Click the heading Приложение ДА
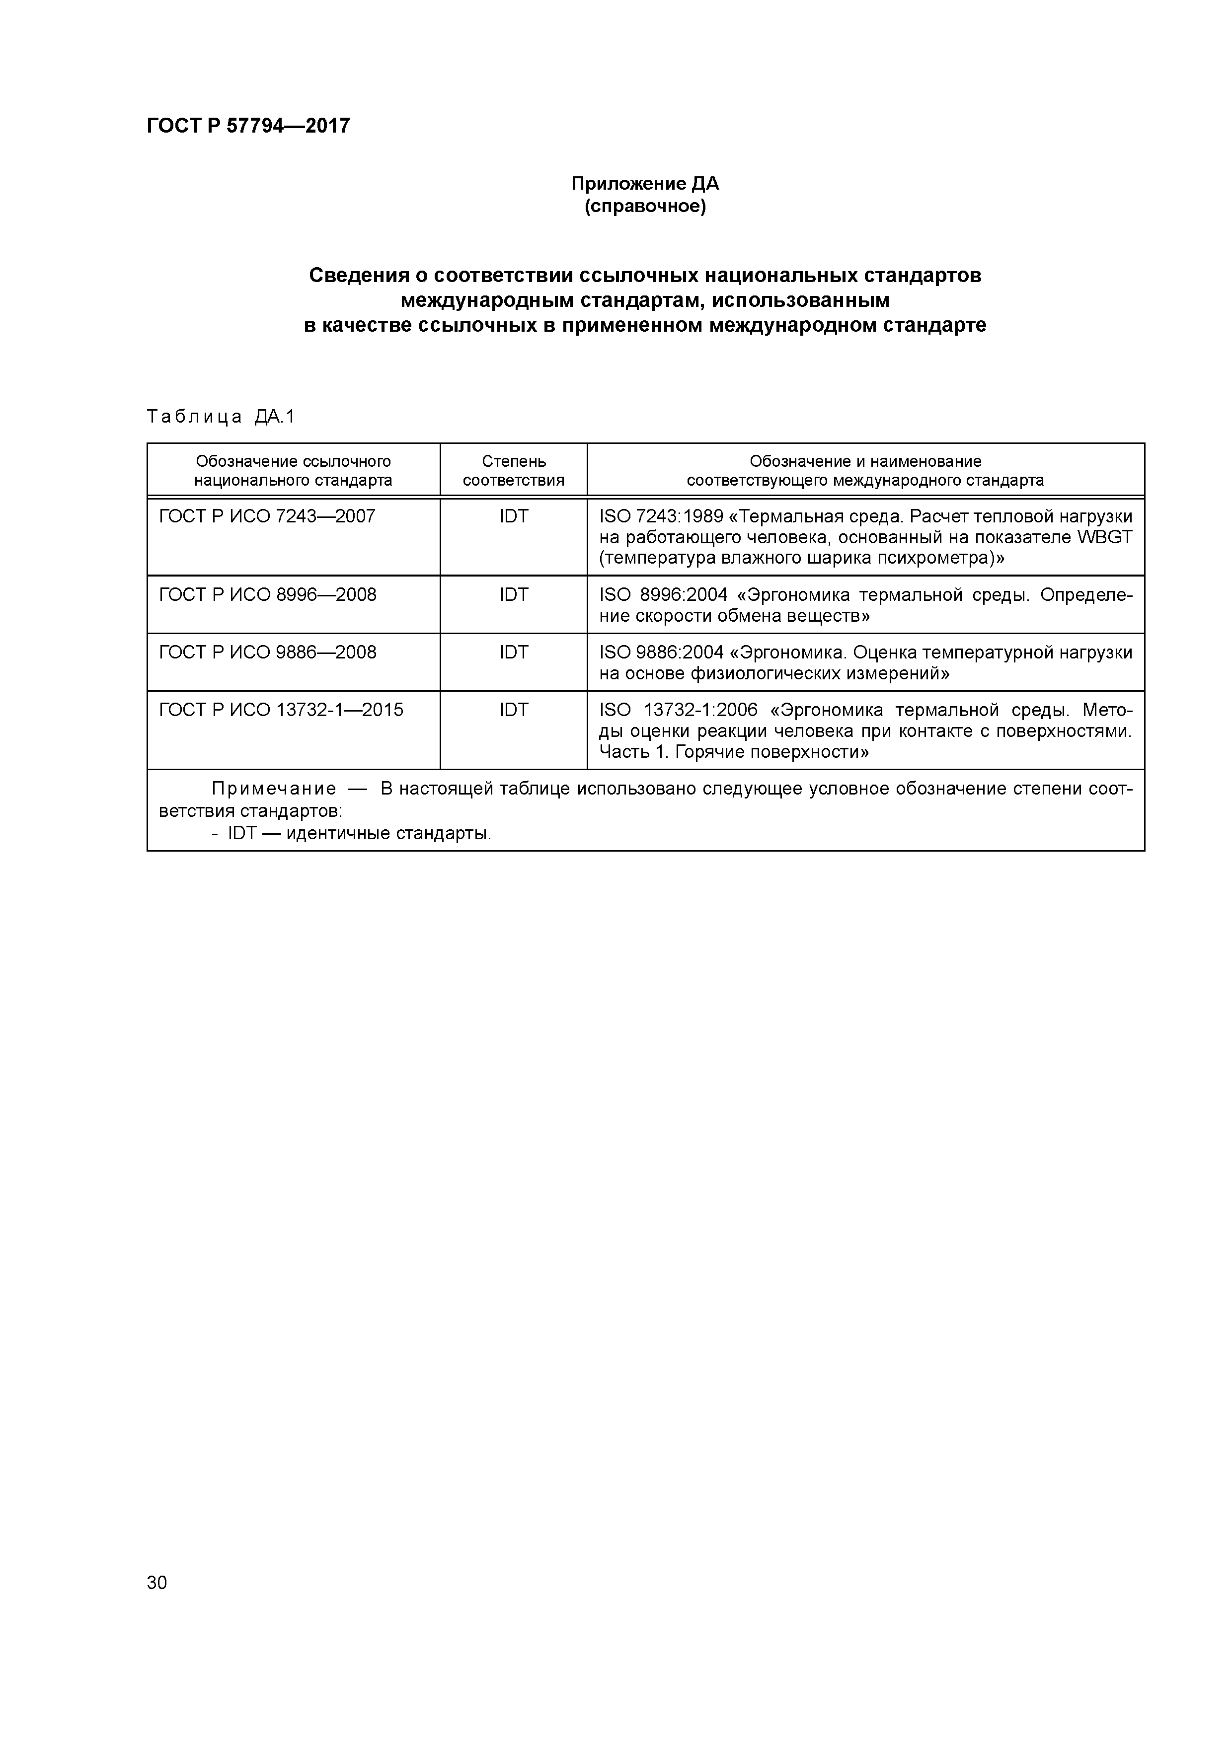[x=644, y=184]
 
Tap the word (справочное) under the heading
[x=644, y=207]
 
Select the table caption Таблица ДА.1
[x=220, y=417]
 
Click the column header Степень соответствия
[x=513, y=470]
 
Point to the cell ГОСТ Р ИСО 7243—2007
[x=267, y=516]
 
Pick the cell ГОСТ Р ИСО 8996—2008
[x=267, y=595]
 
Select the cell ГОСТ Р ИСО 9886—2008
[x=267, y=653]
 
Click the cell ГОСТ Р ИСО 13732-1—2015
[x=281, y=710]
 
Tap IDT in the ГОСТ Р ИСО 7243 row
[x=513, y=516]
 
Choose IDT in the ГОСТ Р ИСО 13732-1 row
[x=513, y=710]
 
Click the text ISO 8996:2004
[x=663, y=595]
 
